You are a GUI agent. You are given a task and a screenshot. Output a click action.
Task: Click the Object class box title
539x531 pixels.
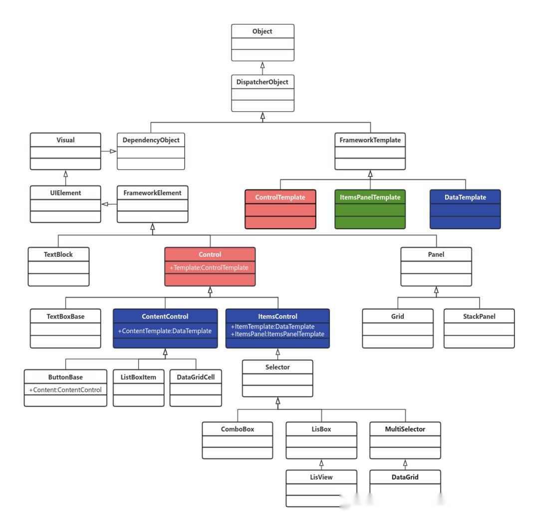[263, 31]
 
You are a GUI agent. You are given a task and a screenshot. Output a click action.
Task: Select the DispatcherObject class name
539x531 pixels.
[263, 82]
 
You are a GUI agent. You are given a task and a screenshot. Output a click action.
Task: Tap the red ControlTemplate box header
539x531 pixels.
[280, 197]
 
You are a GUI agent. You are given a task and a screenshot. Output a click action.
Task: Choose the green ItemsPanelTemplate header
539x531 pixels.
[370, 197]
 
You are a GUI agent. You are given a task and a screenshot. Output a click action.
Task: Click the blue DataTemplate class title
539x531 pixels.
[465, 197]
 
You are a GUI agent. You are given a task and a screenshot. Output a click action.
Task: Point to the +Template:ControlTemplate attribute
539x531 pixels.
[209, 267]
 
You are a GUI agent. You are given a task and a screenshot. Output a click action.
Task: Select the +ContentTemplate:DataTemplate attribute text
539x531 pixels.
[165, 331]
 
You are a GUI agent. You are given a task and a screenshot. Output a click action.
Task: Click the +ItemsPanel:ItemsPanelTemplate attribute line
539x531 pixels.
[277, 334]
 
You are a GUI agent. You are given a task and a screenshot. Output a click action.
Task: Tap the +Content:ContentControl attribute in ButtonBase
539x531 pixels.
[65, 390]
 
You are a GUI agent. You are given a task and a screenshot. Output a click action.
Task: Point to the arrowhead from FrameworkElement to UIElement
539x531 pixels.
[105, 204]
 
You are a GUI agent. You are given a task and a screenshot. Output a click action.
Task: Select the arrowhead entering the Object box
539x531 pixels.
[263, 65]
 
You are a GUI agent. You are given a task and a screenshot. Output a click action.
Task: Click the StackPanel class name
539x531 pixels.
[479, 316]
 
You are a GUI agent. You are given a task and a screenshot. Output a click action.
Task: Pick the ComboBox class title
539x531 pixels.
[238, 429]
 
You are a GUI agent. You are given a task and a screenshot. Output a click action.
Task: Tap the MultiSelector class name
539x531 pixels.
[405, 429]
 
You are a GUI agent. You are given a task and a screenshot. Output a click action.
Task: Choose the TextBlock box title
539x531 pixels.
[58, 254]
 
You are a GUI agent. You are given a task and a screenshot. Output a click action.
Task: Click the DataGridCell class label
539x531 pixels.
[196, 377]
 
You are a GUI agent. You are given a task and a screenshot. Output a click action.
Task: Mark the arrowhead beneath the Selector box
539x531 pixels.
[278, 401]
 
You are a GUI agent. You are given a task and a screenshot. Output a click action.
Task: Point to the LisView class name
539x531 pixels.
[321, 477]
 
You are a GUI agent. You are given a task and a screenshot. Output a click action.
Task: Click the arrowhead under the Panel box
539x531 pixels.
[436, 290]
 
